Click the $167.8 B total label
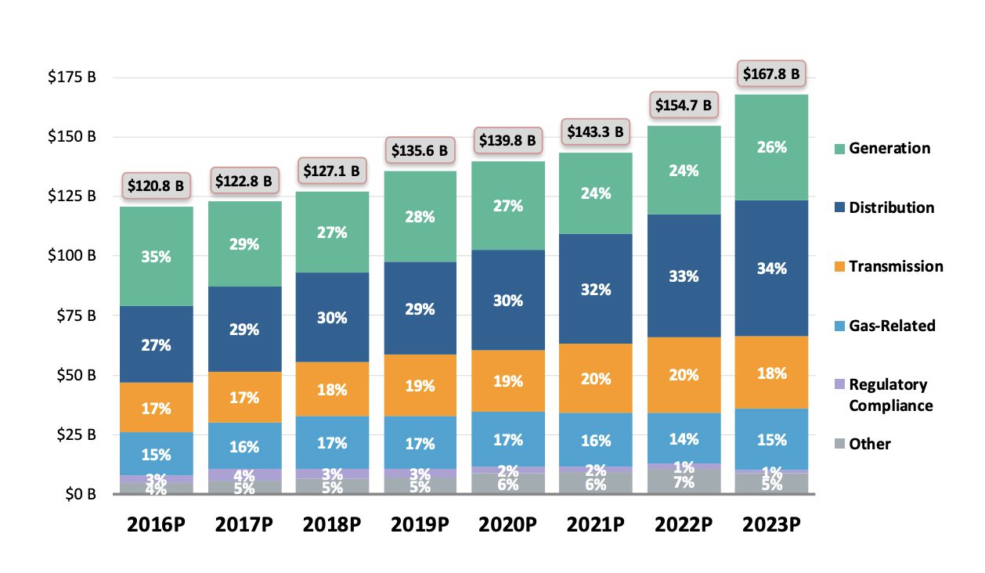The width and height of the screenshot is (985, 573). pyautogui.click(x=771, y=75)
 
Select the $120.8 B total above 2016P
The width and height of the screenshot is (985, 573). pyautogui.click(x=157, y=186)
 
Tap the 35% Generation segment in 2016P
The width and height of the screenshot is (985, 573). pyautogui.click(x=156, y=256)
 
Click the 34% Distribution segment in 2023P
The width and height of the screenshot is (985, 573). pyautogui.click(x=771, y=268)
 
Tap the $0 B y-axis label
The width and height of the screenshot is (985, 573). pyautogui.click(x=81, y=494)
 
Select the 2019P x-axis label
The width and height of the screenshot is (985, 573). pyautogui.click(x=420, y=524)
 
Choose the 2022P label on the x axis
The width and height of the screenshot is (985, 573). pyautogui.click(x=684, y=524)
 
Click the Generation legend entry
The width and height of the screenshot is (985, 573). pyautogui.click(x=889, y=148)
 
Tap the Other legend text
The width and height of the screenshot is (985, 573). pyautogui.click(x=870, y=444)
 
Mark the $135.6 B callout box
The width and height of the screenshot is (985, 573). pyautogui.click(x=420, y=149)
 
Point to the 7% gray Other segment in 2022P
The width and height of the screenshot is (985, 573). pyautogui.click(x=684, y=481)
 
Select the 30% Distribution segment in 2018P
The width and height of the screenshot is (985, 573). pyautogui.click(x=332, y=317)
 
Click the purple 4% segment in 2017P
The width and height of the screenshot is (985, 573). pyautogui.click(x=244, y=474)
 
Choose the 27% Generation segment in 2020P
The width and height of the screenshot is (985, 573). pyautogui.click(x=507, y=205)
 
